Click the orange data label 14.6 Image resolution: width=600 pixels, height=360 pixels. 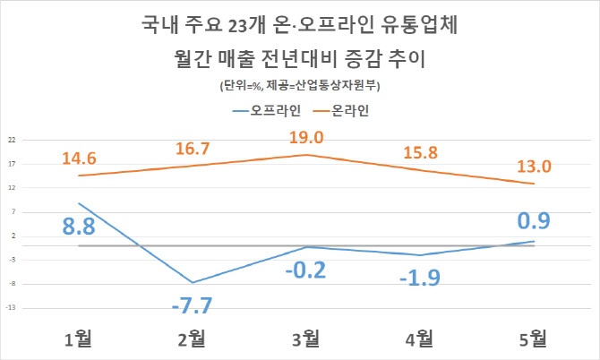click(80, 158)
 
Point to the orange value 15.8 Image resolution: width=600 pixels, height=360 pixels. click(420, 154)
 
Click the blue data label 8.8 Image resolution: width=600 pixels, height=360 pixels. click(79, 226)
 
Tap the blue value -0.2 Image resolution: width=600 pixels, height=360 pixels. click(306, 270)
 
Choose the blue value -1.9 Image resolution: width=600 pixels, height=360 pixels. click(419, 278)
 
